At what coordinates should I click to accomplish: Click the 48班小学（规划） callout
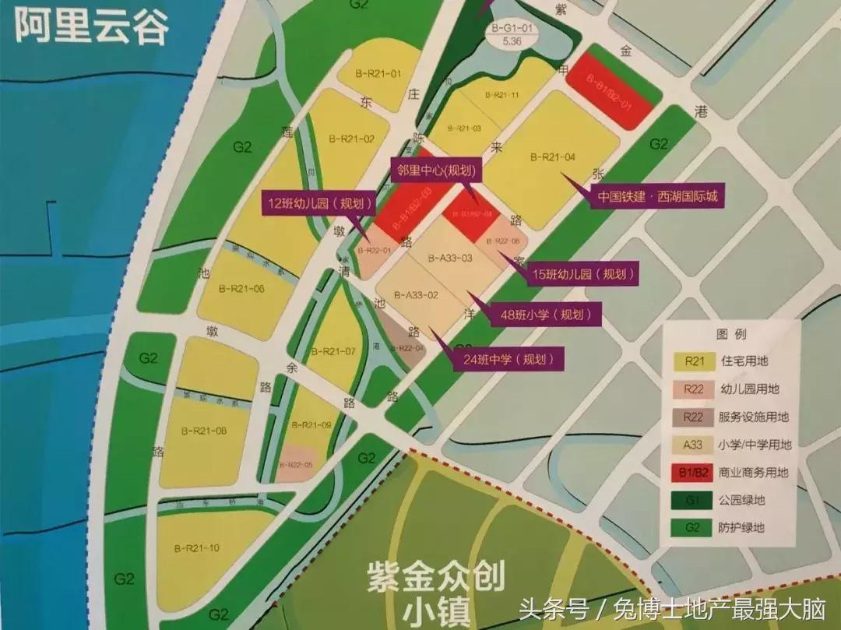pyautogui.click(x=544, y=315)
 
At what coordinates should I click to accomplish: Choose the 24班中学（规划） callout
pyautogui.click(x=508, y=360)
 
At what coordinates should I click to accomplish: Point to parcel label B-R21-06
pyautogui.click(x=241, y=289)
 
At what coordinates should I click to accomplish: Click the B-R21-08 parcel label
pyautogui.click(x=204, y=431)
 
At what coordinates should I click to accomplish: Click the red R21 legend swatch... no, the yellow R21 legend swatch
pyautogui.click(x=694, y=361)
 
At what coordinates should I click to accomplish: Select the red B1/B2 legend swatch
pyautogui.click(x=694, y=473)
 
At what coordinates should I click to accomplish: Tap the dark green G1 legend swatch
pyautogui.click(x=694, y=500)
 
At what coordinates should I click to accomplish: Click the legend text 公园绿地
pyautogui.click(x=743, y=500)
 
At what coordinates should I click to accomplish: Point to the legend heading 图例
pyautogui.click(x=730, y=334)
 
